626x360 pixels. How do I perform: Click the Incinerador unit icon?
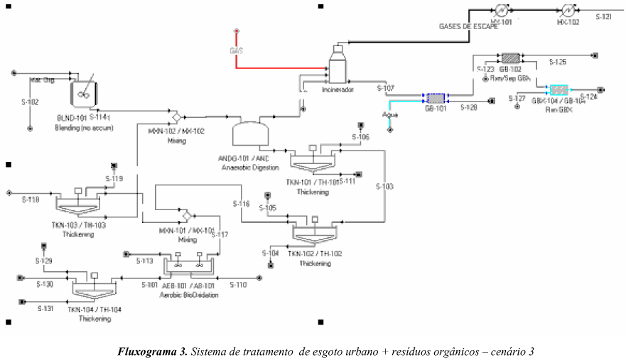click(x=337, y=67)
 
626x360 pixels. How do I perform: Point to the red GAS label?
click(x=236, y=51)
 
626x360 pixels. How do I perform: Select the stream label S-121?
click(x=603, y=16)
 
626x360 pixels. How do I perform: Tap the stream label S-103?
click(x=384, y=186)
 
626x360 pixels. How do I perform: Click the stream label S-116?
click(x=242, y=204)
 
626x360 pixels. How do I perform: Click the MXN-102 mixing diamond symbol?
click(x=176, y=115)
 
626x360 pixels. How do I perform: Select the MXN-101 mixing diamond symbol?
click(x=186, y=215)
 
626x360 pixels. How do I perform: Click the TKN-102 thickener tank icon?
click(x=313, y=231)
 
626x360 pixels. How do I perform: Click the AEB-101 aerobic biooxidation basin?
click(x=188, y=266)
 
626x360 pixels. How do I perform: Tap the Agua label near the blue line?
click(x=390, y=114)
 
